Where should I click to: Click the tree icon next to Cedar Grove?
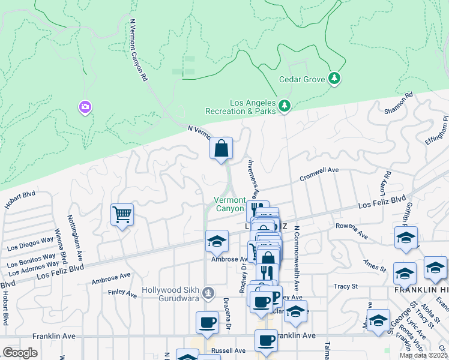[334, 79]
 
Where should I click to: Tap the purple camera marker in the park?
[85, 107]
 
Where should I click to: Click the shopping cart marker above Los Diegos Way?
[122, 214]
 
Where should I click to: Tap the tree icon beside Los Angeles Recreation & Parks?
[284, 107]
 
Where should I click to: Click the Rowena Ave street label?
[352, 231]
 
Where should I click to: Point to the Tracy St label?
[345, 287]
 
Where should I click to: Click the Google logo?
[20, 352]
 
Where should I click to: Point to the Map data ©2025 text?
[423, 355]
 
